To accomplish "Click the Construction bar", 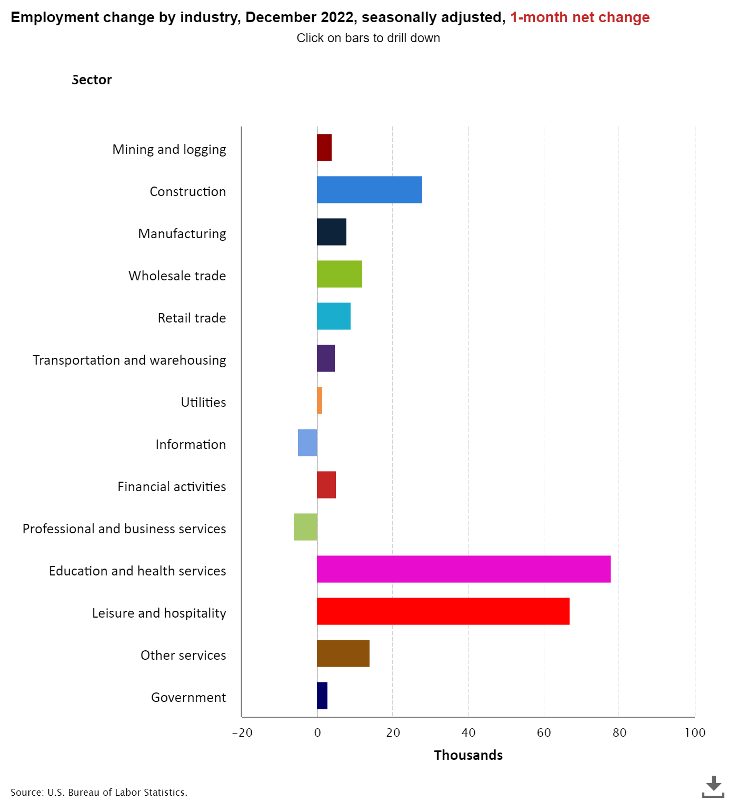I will pyautogui.click(x=369, y=190).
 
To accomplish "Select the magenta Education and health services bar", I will pyautogui.click(x=463, y=569).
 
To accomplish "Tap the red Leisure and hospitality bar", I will pyautogui.click(x=443, y=611).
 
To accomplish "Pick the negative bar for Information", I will pyautogui.click(x=307, y=443).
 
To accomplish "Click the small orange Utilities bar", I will pyautogui.click(x=320, y=400).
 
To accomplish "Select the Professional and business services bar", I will pyautogui.click(x=305, y=527).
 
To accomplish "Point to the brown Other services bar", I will pyautogui.click(x=343, y=653).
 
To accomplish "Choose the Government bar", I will pyautogui.click(x=322, y=696).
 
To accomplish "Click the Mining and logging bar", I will pyautogui.click(x=324, y=148).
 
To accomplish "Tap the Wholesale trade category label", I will pyautogui.click(x=177, y=276).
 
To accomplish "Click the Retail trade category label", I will pyautogui.click(x=192, y=318).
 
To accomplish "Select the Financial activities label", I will pyautogui.click(x=172, y=486).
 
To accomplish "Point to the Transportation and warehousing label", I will pyautogui.click(x=130, y=360).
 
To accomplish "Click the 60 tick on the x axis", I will pyautogui.click(x=544, y=732).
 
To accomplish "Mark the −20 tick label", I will pyautogui.click(x=242, y=732).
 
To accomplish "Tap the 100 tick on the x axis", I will pyautogui.click(x=695, y=732).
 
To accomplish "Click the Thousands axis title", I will pyautogui.click(x=468, y=755).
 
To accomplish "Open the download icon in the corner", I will pyautogui.click(x=713, y=786).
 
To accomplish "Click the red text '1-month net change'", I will pyautogui.click(x=580, y=17).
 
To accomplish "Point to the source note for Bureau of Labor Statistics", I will pyautogui.click(x=99, y=792).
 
